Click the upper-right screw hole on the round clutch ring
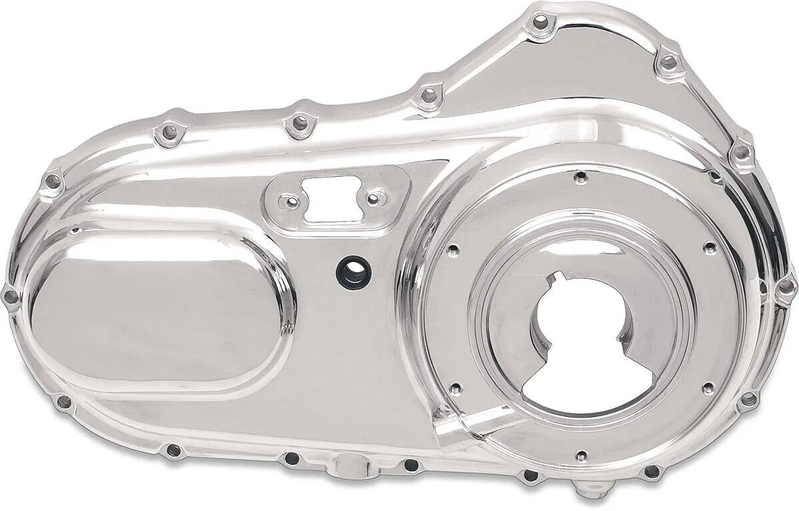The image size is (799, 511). pos(708,248)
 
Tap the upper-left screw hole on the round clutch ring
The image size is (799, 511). pos(453,250)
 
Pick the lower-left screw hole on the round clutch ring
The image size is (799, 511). pos(455,388)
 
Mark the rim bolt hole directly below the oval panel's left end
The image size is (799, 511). pos(65,401)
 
